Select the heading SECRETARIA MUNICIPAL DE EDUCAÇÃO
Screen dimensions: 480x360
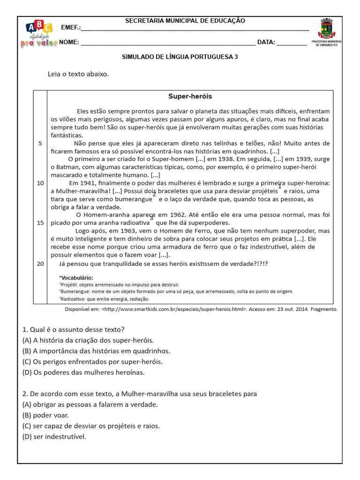[x=185, y=21]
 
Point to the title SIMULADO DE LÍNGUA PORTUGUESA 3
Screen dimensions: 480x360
[x=180, y=57]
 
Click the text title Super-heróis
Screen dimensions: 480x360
[x=190, y=96]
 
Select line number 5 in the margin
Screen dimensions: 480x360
[x=40, y=143]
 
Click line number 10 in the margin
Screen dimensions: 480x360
[x=40, y=183]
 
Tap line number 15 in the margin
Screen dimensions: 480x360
[x=40, y=223]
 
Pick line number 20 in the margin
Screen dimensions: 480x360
[x=40, y=263]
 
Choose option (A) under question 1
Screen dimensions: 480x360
[x=88, y=340]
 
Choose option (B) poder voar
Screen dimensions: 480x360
[x=45, y=415]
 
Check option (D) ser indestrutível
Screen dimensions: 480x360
[x=54, y=437]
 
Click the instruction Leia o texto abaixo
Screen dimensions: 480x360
[x=78, y=74]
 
